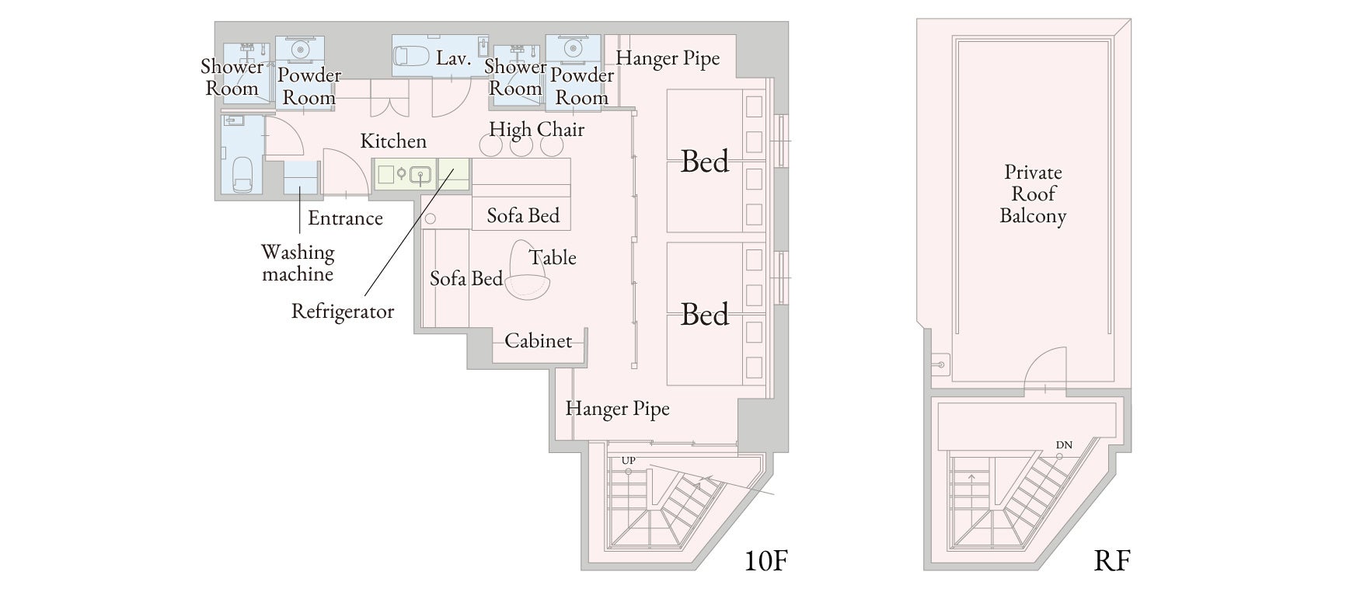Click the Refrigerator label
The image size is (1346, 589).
point(343,312)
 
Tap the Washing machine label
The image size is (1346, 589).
point(298,263)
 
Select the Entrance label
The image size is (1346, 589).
point(345,218)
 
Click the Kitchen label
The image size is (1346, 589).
point(393,141)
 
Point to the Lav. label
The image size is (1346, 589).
point(453,58)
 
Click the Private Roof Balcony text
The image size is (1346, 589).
point(1033,193)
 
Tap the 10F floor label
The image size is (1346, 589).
point(766,560)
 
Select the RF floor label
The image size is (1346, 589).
point(1111,560)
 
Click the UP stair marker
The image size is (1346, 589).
point(629,461)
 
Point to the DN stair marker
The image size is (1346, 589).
point(1064,445)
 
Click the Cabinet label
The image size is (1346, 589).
point(538,340)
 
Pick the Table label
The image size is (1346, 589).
point(553,257)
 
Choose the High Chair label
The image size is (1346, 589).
point(536,130)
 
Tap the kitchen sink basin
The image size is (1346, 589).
point(420,175)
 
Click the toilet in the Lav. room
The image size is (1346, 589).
point(410,56)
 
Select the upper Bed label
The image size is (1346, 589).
point(705,162)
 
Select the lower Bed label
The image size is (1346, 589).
point(705,314)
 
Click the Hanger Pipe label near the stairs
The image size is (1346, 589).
point(617,409)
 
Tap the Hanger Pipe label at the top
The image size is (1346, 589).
point(668,58)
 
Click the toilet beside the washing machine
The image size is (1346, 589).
point(243,175)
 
